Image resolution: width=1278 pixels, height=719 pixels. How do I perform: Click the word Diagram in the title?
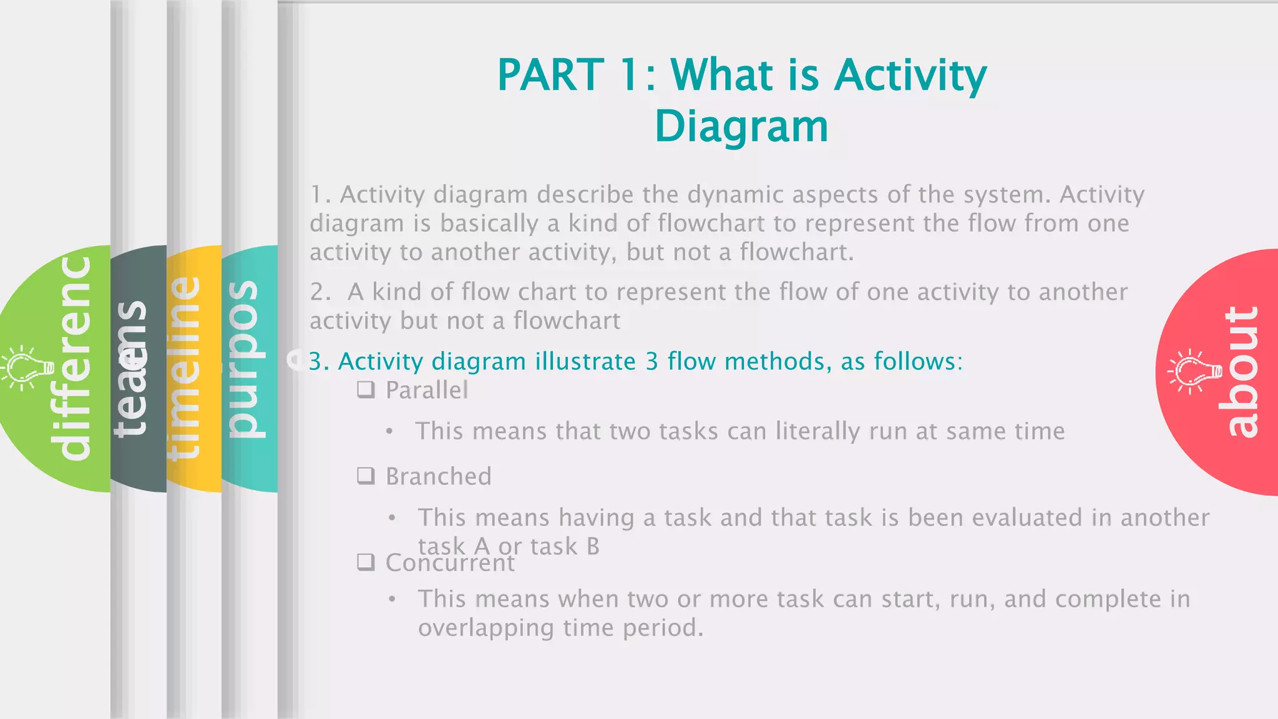coord(741,127)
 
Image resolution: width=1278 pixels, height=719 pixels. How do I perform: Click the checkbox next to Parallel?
coord(366,390)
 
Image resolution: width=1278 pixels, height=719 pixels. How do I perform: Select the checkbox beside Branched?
coord(366,476)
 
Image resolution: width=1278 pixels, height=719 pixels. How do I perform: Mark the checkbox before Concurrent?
coord(366,562)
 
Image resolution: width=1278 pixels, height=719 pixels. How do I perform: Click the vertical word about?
coord(1242,372)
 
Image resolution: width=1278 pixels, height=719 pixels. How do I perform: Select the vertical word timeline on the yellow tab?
coord(183,368)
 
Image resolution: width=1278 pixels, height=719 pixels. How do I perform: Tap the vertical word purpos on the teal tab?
coord(243,359)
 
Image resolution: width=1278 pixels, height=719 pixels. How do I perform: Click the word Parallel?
coord(427,391)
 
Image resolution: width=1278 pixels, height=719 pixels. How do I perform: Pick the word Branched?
coord(439,477)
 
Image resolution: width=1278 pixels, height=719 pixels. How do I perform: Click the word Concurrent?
coord(450,563)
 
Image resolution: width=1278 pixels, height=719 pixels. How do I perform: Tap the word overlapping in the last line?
coord(486,628)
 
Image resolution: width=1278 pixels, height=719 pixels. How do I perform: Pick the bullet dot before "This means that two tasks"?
coord(389,432)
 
